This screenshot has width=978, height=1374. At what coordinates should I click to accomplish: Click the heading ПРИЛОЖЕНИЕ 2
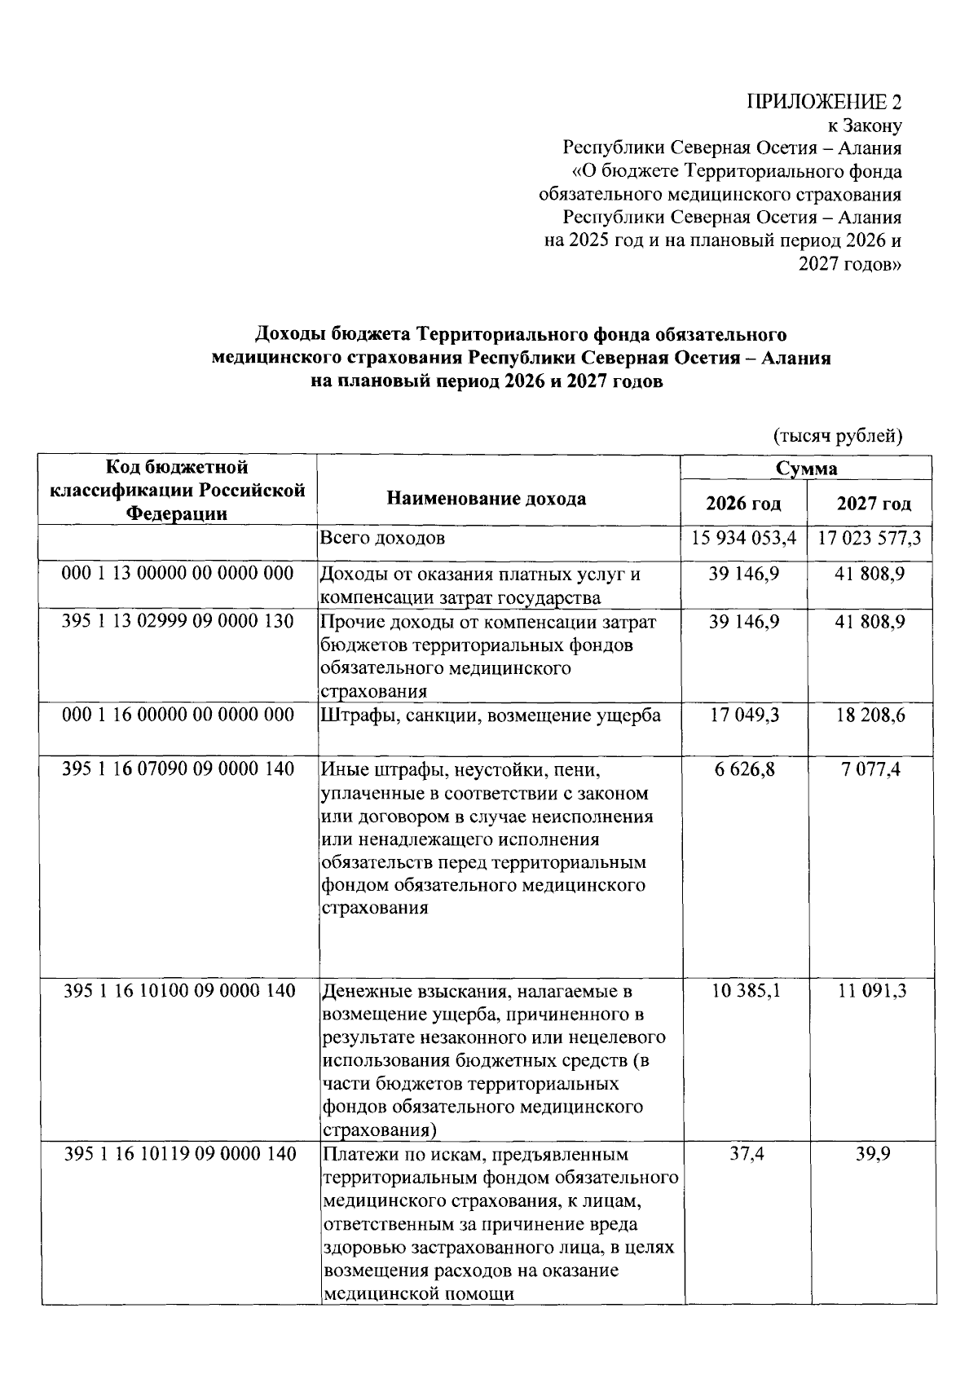[825, 103]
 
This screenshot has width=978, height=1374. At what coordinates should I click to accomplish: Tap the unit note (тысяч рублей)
[837, 435]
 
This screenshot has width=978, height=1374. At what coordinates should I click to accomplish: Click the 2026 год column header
[743, 504]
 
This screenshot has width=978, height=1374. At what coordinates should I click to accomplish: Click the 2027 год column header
[873, 504]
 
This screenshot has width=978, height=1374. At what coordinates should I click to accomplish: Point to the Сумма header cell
[806, 469]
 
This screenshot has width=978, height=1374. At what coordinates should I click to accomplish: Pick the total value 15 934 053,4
[743, 539]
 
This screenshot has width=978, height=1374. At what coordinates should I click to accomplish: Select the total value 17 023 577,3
[873, 539]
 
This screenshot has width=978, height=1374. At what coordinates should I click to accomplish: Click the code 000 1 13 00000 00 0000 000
[178, 574]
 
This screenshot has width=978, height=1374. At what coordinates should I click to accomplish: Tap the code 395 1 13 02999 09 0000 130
[178, 621]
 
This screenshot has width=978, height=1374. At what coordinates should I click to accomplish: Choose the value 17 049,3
[743, 716]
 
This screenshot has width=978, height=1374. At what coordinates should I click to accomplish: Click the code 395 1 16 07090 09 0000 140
[178, 768]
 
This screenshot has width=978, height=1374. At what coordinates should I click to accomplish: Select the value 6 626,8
[743, 768]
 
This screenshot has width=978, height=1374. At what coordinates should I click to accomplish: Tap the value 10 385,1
[743, 991]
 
